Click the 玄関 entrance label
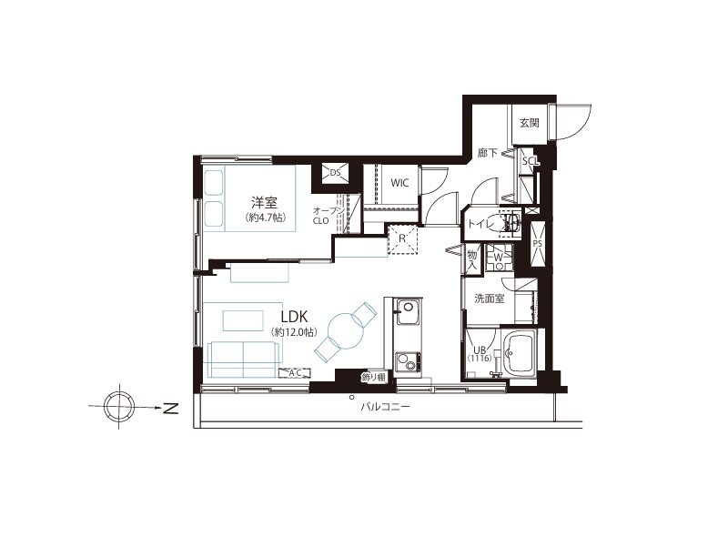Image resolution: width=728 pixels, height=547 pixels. (x=530, y=123)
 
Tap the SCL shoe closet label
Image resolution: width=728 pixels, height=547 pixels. (x=531, y=161)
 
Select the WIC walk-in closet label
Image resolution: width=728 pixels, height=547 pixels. (x=399, y=183)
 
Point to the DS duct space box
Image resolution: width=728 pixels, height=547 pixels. (x=335, y=173)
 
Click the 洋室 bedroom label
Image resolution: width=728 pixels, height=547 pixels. (x=264, y=202)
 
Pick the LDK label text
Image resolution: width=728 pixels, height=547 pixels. (x=294, y=317)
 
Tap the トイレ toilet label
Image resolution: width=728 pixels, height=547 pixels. (x=481, y=224)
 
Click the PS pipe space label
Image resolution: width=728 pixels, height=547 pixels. (x=538, y=244)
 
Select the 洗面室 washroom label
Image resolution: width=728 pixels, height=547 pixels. (x=490, y=299)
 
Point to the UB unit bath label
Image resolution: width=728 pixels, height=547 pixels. (x=480, y=350)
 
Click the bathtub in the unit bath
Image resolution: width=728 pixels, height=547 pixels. (x=520, y=354)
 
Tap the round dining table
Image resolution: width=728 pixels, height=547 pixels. (x=346, y=331)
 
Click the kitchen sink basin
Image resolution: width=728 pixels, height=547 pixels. (x=407, y=310)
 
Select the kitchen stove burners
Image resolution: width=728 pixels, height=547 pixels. (x=408, y=361)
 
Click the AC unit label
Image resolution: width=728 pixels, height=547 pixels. (x=295, y=373)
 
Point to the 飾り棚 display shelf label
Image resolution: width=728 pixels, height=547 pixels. (x=374, y=377)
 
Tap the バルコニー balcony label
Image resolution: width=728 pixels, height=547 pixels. (x=386, y=408)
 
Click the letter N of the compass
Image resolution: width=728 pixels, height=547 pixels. (x=171, y=408)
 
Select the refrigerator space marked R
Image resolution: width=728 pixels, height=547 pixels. (x=403, y=239)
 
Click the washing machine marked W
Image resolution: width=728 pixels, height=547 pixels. (x=499, y=258)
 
